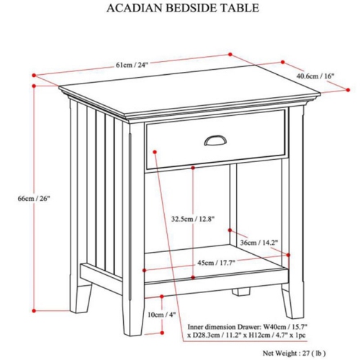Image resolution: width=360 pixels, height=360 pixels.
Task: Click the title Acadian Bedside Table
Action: pyautogui.click(x=183, y=8)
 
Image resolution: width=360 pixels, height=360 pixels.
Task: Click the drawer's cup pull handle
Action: pyautogui.click(x=215, y=140)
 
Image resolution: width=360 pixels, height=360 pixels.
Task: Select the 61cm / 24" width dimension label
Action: pyautogui.click(x=130, y=65)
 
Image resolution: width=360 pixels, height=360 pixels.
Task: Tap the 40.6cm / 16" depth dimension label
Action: pyautogui.click(x=315, y=76)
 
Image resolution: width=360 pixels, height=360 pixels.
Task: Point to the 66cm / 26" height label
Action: pyautogui.click(x=34, y=198)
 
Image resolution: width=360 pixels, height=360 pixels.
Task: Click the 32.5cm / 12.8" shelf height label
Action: pyautogui.click(x=193, y=219)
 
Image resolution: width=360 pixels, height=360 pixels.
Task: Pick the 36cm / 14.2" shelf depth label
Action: pyautogui.click(x=259, y=243)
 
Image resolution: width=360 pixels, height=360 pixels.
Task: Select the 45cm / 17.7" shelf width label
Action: pyautogui.click(x=216, y=263)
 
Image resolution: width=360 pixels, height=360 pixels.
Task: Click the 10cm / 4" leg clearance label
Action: pyautogui.click(x=162, y=315)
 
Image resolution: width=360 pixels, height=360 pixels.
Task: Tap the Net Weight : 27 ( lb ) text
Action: pyautogui.click(x=294, y=354)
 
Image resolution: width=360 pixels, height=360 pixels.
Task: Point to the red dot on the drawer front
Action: pyautogui.click(x=155, y=152)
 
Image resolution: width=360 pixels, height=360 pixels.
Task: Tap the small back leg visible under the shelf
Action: pyautogui.click(x=240, y=291)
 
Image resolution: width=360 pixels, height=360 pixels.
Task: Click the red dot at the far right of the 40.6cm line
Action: pyautogui.click(x=348, y=90)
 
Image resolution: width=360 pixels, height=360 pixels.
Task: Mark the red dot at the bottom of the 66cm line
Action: pyautogui.click(x=34, y=310)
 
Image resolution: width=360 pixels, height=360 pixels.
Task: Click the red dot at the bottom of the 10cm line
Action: pyautogui.click(x=162, y=333)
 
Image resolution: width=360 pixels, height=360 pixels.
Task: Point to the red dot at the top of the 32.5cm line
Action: pyautogui.click(x=193, y=168)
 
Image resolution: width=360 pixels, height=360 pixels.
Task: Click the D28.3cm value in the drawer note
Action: pyautogui.click(x=206, y=335)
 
